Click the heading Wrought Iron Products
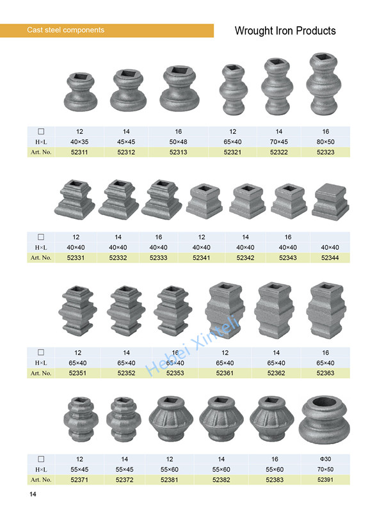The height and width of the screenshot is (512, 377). [285, 31]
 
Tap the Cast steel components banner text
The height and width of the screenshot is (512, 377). [65, 30]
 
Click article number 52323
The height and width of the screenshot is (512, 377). [326, 152]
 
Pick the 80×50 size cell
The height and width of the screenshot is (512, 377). [326, 141]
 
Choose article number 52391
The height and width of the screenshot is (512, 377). [326, 479]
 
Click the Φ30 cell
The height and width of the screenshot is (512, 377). [326, 459]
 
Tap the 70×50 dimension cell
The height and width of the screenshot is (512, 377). [326, 469]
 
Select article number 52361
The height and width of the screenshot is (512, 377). [225, 373]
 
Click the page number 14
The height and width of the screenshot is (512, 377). [32, 495]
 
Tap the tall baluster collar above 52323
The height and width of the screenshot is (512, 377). [325, 84]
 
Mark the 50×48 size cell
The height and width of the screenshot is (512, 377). [178, 141]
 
